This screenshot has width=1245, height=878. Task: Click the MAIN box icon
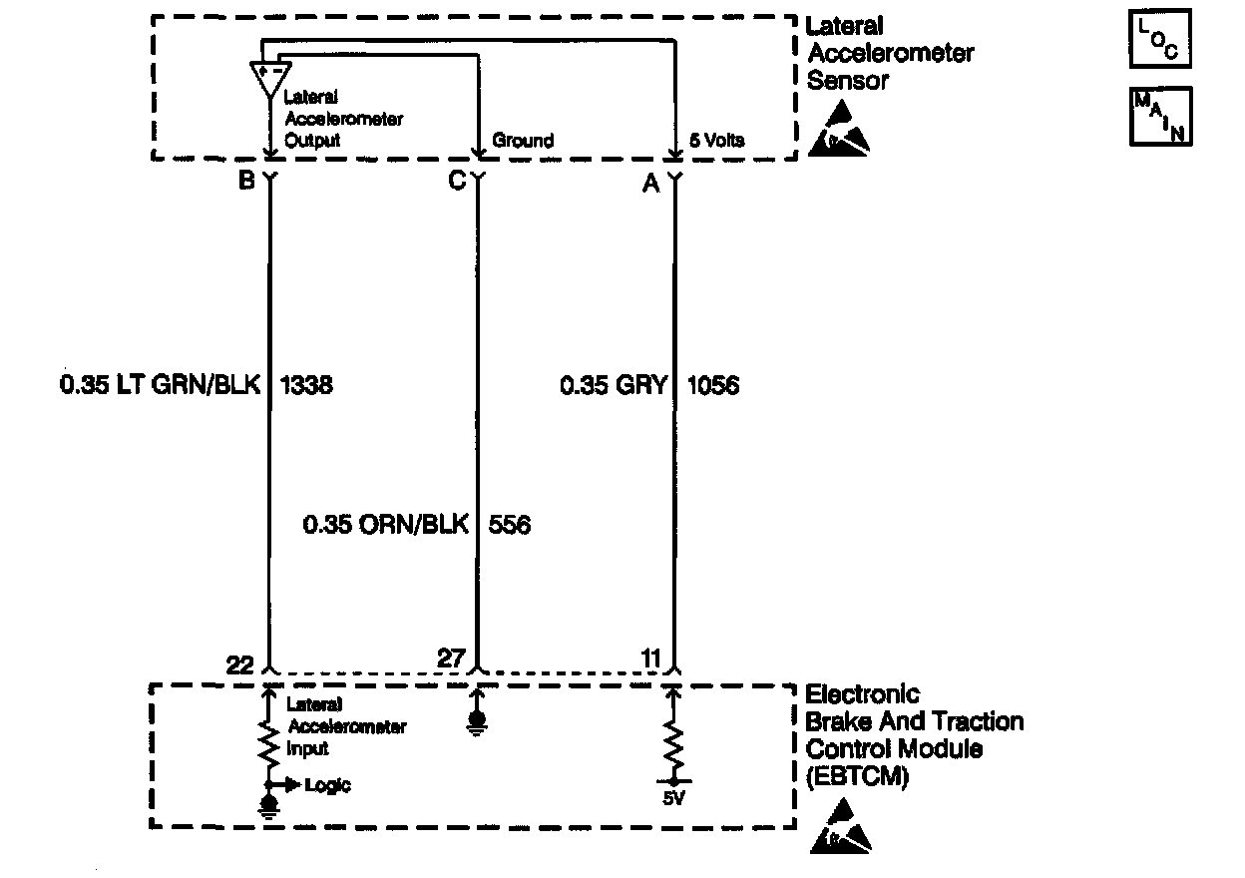click(x=1160, y=117)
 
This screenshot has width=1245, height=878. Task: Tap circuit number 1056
click(x=713, y=385)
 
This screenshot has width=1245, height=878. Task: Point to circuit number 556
click(x=510, y=524)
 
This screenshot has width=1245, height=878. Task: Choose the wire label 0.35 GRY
click(x=613, y=385)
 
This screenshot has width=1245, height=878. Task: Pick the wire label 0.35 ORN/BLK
click(x=385, y=524)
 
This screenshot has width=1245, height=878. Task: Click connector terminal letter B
click(x=245, y=182)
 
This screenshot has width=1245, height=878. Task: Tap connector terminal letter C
click(x=457, y=182)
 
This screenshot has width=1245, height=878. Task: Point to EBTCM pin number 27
click(x=451, y=658)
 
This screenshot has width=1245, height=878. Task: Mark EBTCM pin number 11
click(x=649, y=658)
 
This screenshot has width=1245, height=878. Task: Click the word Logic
click(x=328, y=785)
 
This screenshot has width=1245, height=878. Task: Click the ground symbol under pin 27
click(x=477, y=720)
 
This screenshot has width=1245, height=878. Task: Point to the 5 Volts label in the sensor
click(x=717, y=141)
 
